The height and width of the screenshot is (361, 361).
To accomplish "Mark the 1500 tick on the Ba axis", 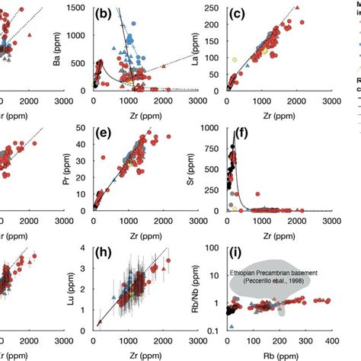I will pos(78,7).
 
